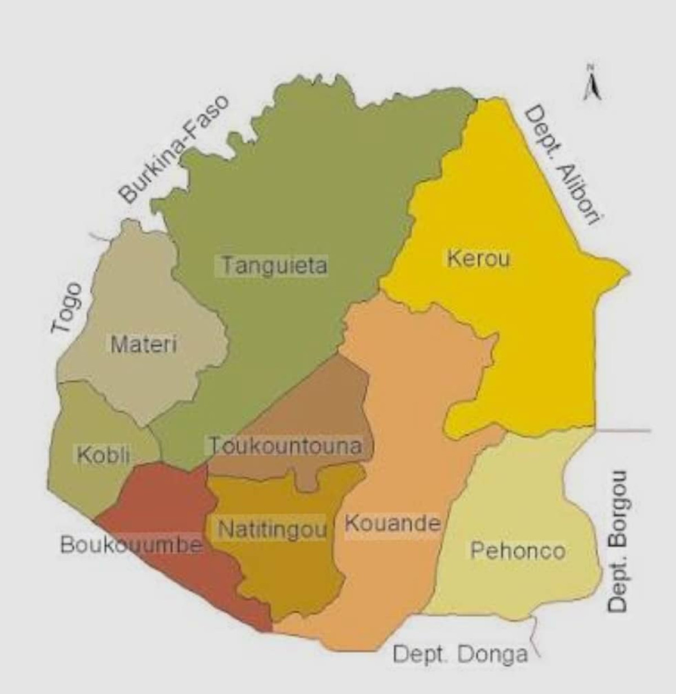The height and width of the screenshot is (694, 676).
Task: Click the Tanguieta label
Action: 274,265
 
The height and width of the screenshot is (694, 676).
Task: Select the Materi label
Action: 144,343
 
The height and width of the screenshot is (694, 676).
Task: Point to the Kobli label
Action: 103,454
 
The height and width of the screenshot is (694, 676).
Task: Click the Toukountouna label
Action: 286,446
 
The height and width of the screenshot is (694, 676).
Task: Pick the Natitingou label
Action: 273,529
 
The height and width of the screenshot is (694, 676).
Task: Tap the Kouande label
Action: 392,523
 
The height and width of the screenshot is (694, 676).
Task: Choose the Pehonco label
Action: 517,550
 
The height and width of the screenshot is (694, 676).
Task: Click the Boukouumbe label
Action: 131,545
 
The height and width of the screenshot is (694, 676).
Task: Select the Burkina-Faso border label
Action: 175,149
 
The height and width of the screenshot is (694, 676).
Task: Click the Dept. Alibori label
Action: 559,167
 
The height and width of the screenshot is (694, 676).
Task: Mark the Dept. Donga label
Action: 460,654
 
